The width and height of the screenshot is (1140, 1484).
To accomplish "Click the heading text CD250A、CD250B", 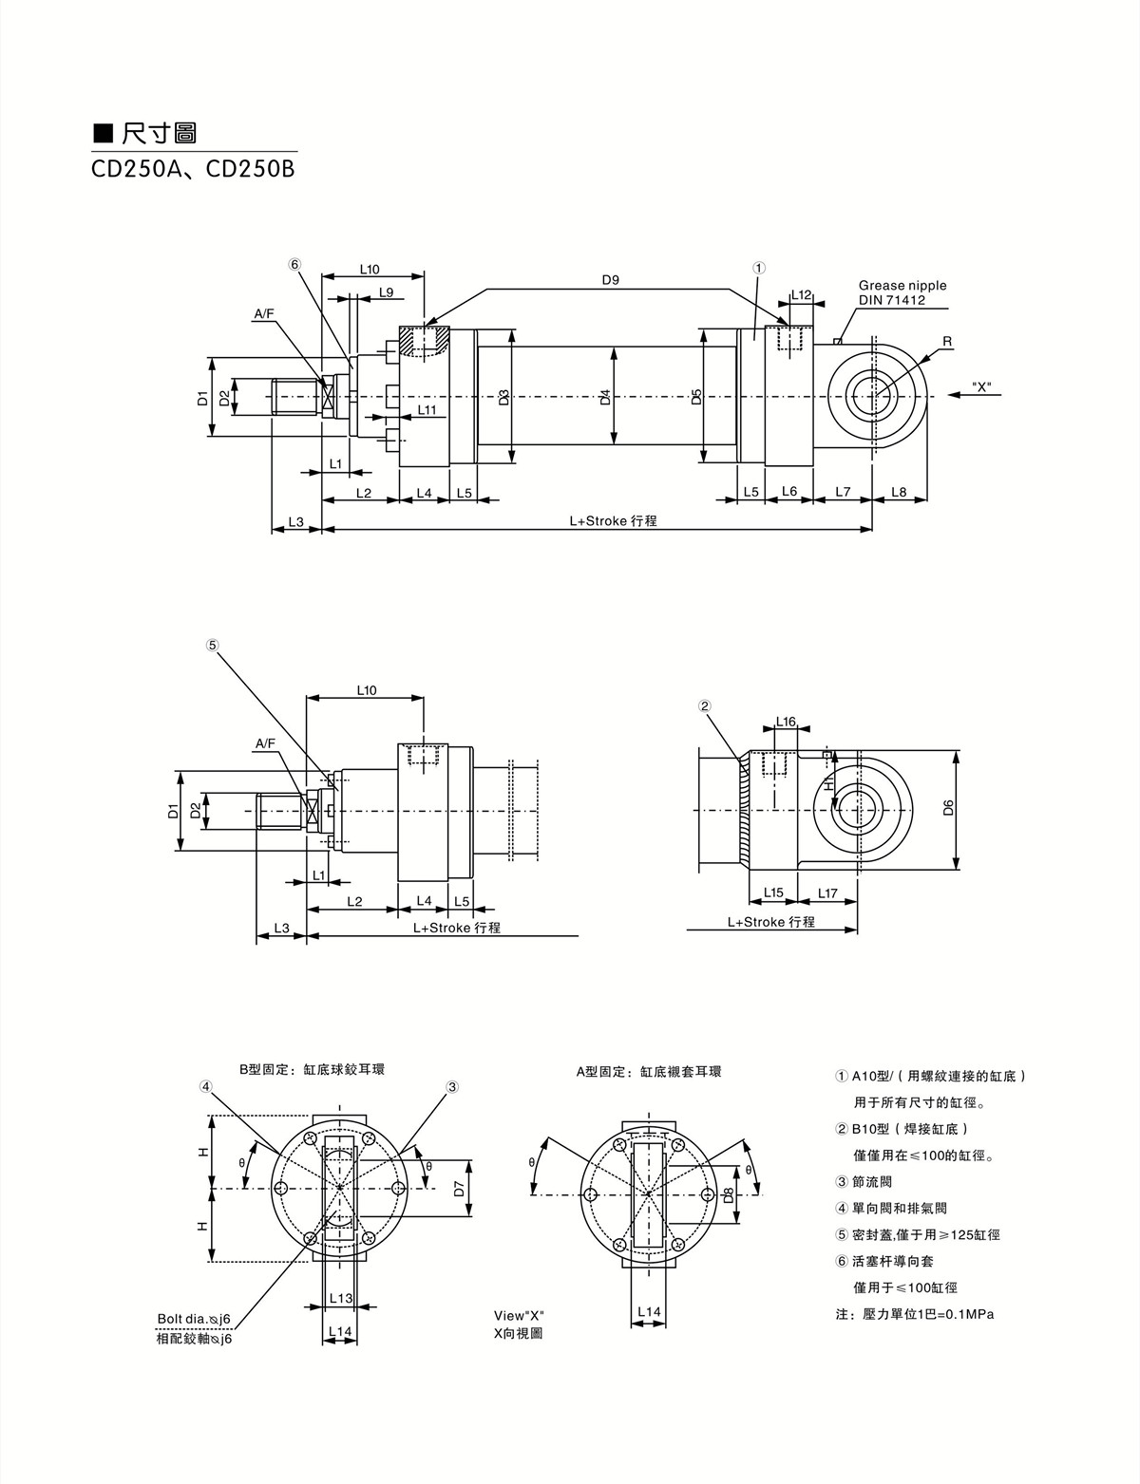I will [x=193, y=169].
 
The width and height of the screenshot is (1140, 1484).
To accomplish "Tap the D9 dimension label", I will [x=610, y=280].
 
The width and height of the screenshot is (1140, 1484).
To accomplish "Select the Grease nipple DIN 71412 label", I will [x=902, y=292].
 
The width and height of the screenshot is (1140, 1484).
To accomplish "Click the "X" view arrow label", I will [x=981, y=387].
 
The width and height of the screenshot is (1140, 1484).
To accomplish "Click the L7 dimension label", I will [x=843, y=492].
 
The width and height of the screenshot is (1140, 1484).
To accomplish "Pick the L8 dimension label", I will [x=899, y=492].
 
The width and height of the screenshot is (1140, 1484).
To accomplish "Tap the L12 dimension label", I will [x=801, y=295].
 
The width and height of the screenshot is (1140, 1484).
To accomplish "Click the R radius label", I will [x=947, y=341].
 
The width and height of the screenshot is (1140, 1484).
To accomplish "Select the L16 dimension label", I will [x=786, y=722].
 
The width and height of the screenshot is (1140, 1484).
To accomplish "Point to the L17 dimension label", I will [x=827, y=893].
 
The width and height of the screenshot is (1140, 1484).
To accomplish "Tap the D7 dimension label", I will [x=458, y=1188].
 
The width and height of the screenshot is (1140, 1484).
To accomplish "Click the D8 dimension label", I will [x=728, y=1194].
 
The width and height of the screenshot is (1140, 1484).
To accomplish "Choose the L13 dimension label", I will [x=340, y=1298].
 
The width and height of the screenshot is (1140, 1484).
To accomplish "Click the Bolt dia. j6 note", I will [x=195, y=1320].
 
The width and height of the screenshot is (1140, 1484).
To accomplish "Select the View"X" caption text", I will [x=519, y=1316].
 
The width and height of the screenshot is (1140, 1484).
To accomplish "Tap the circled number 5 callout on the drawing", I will [x=212, y=644].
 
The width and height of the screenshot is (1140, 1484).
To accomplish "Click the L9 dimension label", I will [x=386, y=292].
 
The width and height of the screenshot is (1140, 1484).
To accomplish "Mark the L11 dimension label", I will [x=427, y=410].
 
